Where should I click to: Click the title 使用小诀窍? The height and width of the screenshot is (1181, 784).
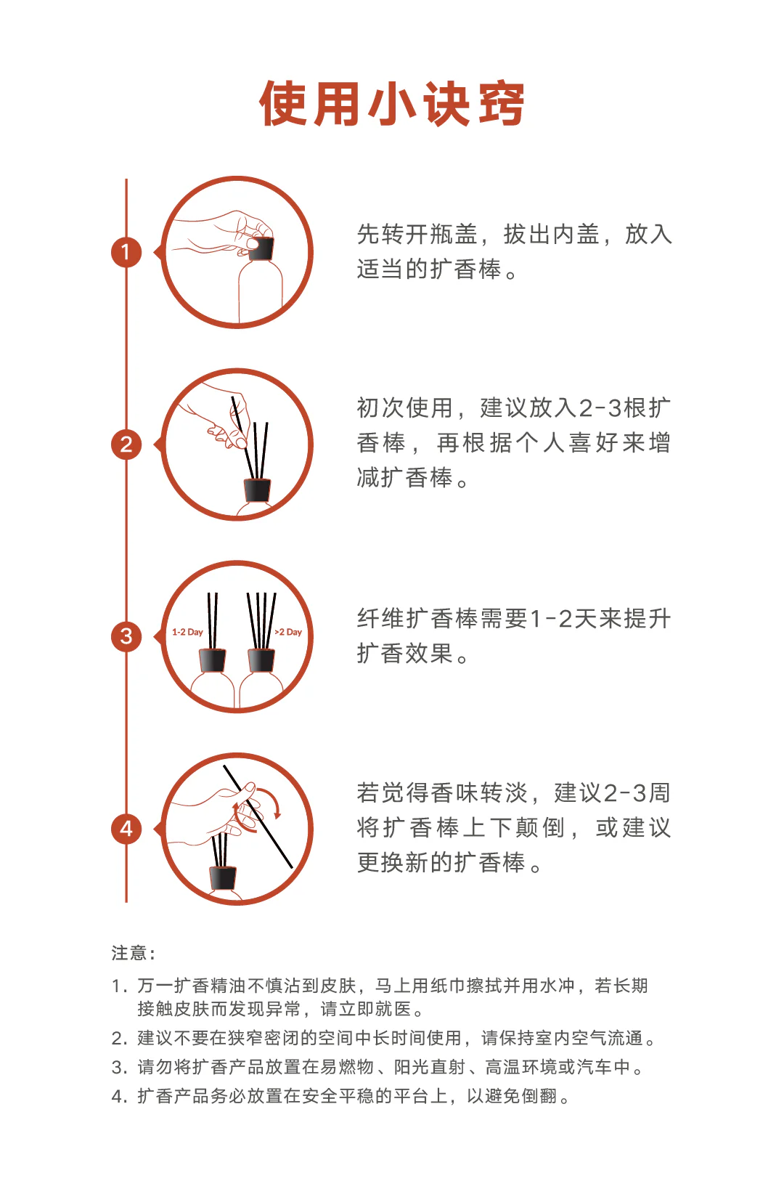pos(392,104)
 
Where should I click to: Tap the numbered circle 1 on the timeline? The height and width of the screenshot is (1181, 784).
pos(126,252)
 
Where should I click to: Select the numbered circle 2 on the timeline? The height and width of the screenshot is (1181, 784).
pos(126,445)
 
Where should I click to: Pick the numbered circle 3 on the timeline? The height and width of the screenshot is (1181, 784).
pos(126,637)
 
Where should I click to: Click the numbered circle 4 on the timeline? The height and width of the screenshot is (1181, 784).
pos(126,829)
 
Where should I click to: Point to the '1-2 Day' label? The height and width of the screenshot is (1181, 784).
pos(187,632)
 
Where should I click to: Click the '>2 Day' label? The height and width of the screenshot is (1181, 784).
pos(288,632)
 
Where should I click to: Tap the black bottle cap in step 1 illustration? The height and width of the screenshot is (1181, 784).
pos(261,249)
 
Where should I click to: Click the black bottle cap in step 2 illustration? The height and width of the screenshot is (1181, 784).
pos(257,490)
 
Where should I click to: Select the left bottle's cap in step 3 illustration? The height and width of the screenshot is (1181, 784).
pos(212,660)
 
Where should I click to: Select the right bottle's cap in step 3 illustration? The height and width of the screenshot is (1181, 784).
pos(261,660)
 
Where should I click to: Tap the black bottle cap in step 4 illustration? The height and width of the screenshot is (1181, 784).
pos(223,878)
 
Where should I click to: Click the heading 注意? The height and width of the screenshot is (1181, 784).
pos(133,953)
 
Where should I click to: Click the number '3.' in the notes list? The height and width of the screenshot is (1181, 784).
pos(120,1068)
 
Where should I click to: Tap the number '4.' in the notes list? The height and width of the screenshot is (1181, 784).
pos(120,1097)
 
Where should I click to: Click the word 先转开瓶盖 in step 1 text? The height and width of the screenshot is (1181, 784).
pos(417,235)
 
